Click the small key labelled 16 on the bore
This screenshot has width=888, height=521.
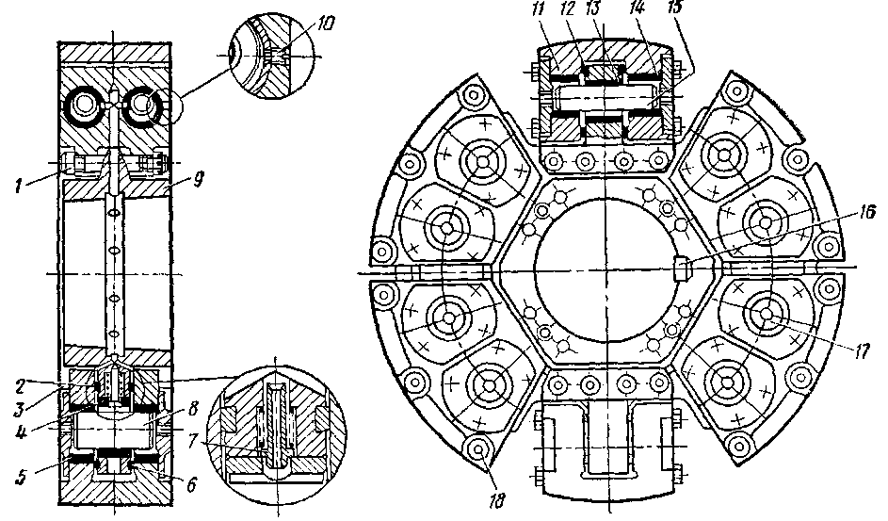click(x=682, y=270)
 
